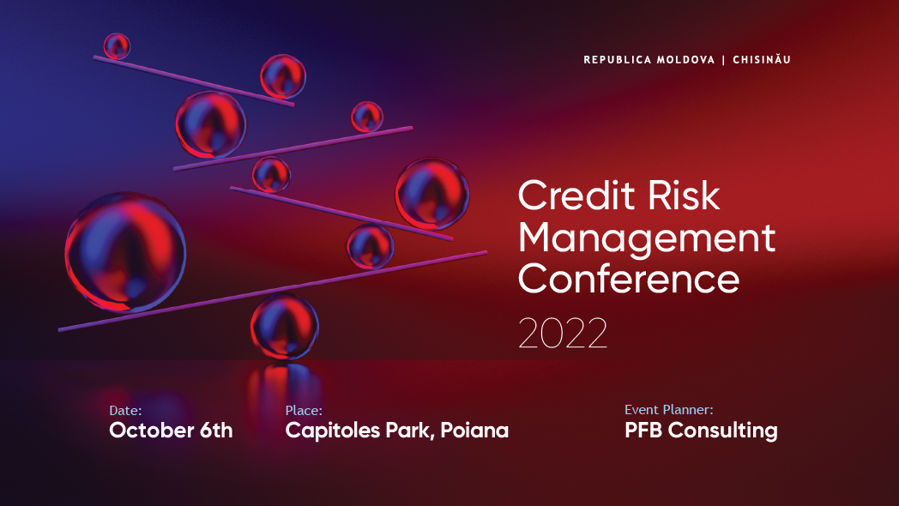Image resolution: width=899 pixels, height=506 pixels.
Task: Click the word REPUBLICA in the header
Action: click(617, 60)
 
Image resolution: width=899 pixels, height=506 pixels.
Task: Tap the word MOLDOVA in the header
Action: click(685, 60)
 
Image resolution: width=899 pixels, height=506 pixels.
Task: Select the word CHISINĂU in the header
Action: click(762, 60)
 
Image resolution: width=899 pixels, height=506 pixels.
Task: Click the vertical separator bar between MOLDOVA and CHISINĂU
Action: click(724, 60)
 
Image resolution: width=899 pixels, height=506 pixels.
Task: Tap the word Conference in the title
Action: click(629, 279)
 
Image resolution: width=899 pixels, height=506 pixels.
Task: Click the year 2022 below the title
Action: click(563, 334)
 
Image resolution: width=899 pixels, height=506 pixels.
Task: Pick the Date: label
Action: click(125, 411)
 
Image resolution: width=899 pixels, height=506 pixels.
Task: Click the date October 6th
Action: click(171, 431)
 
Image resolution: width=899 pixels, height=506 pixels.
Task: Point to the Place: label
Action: click(304, 411)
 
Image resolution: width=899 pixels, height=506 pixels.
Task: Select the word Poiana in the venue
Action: click(476, 431)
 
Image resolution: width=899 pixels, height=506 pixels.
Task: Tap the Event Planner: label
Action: click(668, 410)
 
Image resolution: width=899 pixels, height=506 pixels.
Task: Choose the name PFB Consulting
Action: click(701, 431)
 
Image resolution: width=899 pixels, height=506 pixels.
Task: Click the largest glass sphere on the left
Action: click(125, 251)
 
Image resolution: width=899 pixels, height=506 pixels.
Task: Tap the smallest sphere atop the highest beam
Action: click(117, 45)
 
